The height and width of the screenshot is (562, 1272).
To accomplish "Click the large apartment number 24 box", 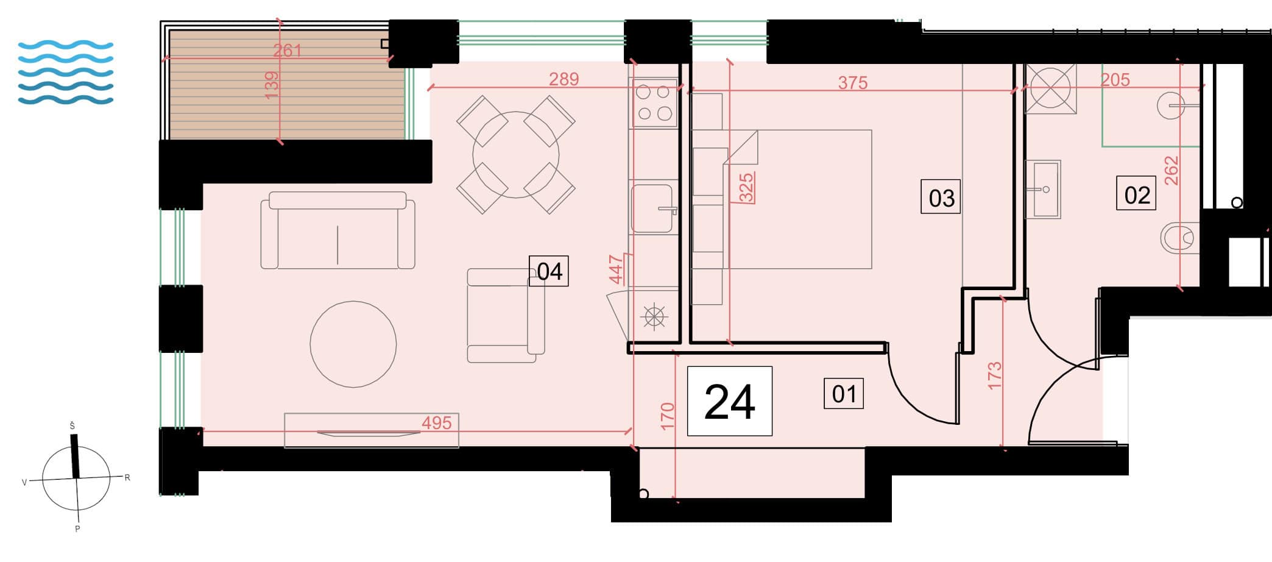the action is pos(729,401).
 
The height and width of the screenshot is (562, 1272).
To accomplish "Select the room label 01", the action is pos(844,394).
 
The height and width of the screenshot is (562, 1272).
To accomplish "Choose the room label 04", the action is pos(549,271).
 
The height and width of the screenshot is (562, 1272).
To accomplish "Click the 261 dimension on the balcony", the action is pos(287,50).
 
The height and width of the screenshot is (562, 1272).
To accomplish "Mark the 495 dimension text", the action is pos(436,422).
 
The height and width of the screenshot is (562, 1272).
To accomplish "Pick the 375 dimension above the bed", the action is pos(852,82).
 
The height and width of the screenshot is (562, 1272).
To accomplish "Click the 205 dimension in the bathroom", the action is pos(1115,80).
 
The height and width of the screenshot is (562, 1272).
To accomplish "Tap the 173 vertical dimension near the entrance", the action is pos(994,375).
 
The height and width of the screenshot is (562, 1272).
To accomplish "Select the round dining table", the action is pos(516,155).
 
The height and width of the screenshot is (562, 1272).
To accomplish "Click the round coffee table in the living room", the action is pos(353,344).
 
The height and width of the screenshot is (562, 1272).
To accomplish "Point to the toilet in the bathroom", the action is pos(1179,238).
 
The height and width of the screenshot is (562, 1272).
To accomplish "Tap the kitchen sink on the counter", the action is pos(654,209).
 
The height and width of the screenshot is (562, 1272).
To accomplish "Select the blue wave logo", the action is pos(66,73).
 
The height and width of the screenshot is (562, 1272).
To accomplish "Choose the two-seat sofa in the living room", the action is pos(337,230).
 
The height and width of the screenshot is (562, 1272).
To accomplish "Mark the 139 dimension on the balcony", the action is pos(272,85).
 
